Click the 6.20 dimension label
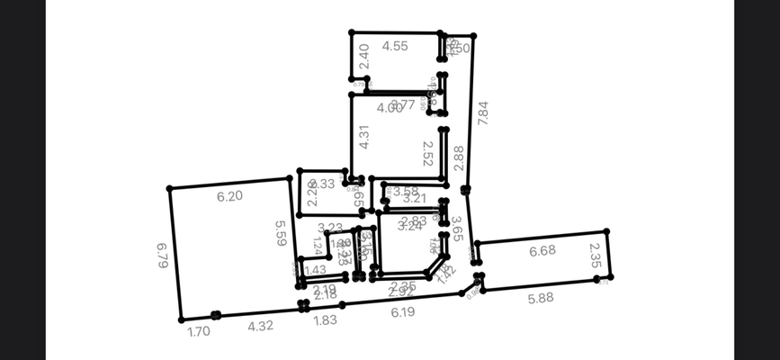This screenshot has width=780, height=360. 229,195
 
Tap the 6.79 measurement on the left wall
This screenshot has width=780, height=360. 163,255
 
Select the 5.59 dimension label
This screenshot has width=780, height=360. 281,233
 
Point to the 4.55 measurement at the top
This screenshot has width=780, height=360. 395,46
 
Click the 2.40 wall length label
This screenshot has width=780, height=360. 364,56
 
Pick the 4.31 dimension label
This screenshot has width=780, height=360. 364,135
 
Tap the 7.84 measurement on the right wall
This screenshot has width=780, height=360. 483,112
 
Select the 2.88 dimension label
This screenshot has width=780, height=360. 459,157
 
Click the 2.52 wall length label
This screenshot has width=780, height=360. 428,152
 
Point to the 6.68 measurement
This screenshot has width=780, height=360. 542,251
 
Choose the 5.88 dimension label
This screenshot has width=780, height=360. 540,298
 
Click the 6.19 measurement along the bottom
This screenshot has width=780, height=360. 403,311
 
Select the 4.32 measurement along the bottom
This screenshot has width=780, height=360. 260,326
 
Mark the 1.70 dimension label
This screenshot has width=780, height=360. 198,332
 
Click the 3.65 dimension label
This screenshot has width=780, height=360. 457,229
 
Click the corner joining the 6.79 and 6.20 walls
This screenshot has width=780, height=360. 169,188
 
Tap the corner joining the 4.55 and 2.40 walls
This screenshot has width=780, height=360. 352,33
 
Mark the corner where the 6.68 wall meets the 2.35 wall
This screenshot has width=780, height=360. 606,231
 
